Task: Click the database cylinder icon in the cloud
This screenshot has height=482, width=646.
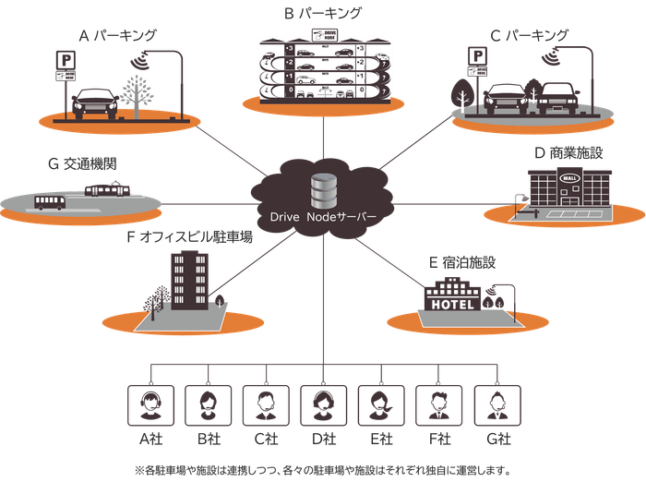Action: coord(323,189)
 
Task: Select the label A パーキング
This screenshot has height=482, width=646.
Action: coord(117,36)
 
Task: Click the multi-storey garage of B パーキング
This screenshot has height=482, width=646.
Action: coord(322,70)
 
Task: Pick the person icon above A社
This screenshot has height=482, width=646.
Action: coord(148,402)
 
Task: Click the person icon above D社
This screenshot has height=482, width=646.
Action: coord(322,402)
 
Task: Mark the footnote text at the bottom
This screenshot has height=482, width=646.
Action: coord(322,466)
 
